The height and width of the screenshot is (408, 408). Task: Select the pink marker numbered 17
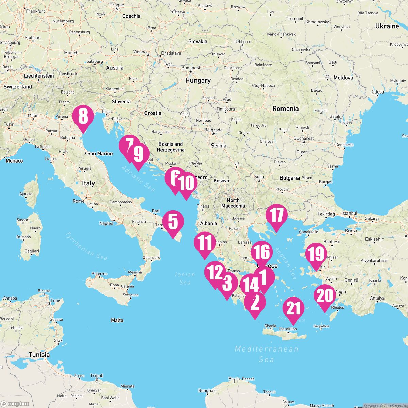276,216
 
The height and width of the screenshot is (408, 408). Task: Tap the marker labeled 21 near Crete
293,308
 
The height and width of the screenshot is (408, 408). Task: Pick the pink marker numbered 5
173,222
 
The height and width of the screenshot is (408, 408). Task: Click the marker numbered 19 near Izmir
316,254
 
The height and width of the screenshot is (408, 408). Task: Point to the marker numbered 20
325,296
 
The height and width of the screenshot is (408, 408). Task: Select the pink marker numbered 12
215,272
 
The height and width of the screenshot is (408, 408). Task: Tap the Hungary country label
198,81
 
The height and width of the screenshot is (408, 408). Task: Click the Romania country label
285,108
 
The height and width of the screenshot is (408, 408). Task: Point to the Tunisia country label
39,355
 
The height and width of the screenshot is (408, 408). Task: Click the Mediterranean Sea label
267,354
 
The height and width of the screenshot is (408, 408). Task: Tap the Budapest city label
191,68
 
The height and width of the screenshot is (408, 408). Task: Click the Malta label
117,320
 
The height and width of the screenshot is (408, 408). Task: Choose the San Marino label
100,154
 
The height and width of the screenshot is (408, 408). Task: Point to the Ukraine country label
387,26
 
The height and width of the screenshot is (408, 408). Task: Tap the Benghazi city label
207,391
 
